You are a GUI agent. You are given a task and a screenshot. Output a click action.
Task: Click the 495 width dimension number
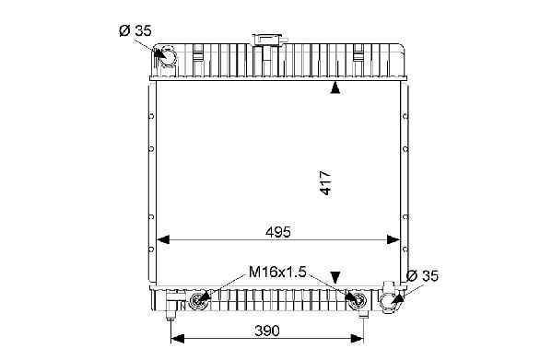coord(278,232)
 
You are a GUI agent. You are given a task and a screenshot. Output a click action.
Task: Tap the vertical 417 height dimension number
coord(325,183)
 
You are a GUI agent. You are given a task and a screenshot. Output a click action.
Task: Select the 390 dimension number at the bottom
coord(267,331)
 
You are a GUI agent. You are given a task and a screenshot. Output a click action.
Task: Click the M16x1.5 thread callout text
coord(277,272)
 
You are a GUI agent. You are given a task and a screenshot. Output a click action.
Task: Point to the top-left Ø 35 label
coord(135,31)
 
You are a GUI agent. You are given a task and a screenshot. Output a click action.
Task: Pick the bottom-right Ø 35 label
coord(422,276)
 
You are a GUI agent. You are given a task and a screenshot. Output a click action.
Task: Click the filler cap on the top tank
coord(269,39)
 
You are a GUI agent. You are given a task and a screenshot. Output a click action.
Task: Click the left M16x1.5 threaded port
coord(197,301)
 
